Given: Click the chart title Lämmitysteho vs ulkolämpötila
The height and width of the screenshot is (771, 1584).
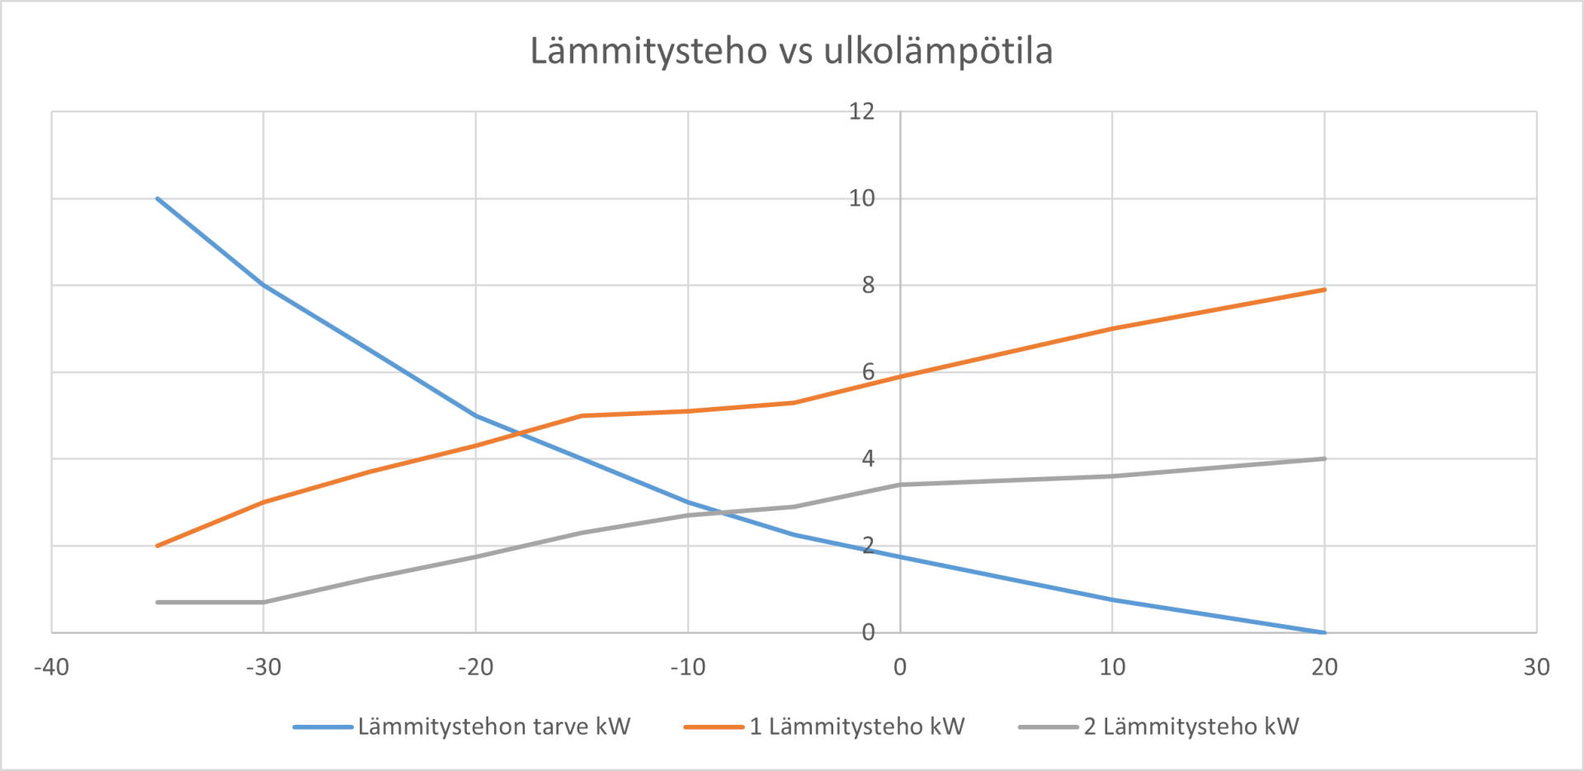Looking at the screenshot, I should pos(790,51).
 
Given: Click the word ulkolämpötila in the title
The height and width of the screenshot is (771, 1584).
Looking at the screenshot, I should pos(938,51).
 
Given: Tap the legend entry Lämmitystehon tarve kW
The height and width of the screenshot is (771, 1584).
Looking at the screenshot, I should pos(493,726).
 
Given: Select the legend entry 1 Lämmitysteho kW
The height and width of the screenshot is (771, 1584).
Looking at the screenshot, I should pos(856,726).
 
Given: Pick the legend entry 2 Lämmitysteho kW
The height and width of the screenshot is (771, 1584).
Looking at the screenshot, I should pos(1190,726).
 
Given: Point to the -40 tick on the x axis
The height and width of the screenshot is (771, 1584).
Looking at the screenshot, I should pos(51,667).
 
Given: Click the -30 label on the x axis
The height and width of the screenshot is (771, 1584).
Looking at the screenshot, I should pos(263,667).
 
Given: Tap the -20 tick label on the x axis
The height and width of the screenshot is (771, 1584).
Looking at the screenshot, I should pos(475,667).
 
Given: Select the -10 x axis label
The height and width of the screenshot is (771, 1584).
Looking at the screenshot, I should pos(687,667).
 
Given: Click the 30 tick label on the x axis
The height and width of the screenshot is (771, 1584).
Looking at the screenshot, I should pos(1536,667).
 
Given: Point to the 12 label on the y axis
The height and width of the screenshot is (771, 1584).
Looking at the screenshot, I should pos(861,111).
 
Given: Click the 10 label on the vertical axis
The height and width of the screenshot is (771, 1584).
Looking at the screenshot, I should pos(861,198).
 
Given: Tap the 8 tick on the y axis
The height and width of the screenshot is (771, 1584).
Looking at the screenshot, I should pos(868,285).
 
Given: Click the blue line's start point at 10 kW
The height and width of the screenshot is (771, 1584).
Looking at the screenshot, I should pos(158,198).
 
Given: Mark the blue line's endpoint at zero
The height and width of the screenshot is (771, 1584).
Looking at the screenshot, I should pos(1324,632).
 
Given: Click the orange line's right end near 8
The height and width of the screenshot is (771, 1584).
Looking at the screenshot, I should pos(1324,290).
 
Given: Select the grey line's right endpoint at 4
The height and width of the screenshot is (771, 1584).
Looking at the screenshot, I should pos(1324,459).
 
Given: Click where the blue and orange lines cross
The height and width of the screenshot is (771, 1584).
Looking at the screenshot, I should pos(520,433).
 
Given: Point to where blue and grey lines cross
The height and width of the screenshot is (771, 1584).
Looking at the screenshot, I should pos(723,513).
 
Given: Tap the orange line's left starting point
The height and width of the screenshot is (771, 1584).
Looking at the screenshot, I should pos(158,546).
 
